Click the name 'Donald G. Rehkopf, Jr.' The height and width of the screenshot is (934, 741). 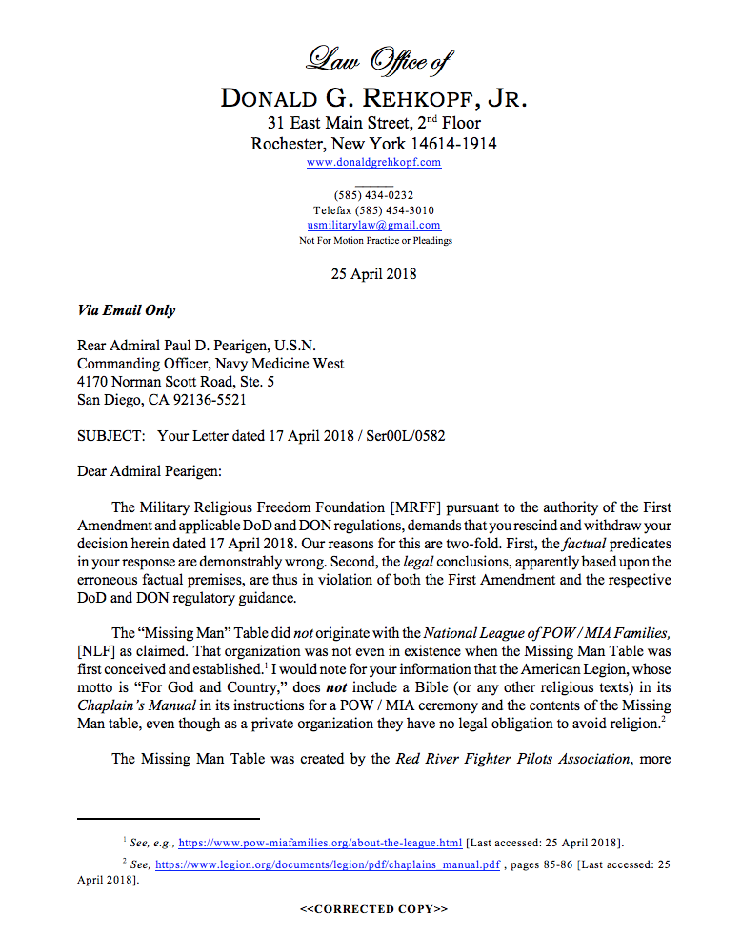pyautogui.click(x=373, y=99)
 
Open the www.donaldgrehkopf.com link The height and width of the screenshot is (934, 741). pyautogui.click(x=373, y=163)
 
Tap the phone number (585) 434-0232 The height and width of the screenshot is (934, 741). pyautogui.click(x=373, y=195)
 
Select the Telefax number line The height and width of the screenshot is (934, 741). pyautogui.click(x=374, y=210)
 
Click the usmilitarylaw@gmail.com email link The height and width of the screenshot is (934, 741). pyautogui.click(x=373, y=226)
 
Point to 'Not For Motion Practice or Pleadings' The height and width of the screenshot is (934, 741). pyautogui.click(x=374, y=241)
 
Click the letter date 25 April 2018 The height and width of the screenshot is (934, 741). pyautogui.click(x=373, y=274)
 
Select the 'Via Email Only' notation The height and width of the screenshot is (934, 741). pyautogui.click(x=126, y=310)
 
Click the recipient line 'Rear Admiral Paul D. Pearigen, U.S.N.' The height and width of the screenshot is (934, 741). pyautogui.click(x=196, y=346)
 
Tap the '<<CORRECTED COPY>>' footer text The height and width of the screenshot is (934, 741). pyautogui.click(x=373, y=909)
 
